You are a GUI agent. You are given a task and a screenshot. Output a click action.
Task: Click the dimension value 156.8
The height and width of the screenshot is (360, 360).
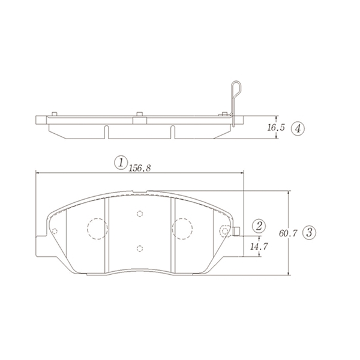click(x=140, y=168)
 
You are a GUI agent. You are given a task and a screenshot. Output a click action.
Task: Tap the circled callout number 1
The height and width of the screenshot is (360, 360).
click(x=121, y=163)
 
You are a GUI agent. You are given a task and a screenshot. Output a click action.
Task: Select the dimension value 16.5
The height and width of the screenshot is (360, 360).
click(x=276, y=127)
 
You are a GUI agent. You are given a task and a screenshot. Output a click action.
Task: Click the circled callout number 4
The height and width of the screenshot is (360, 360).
click(x=298, y=129)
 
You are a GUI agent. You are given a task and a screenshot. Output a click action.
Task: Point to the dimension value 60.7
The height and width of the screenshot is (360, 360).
click(x=288, y=233)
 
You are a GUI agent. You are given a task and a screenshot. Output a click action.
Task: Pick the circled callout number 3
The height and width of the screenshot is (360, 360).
click(x=309, y=233)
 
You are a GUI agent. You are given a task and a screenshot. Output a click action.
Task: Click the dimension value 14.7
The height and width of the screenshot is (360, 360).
click(x=259, y=247)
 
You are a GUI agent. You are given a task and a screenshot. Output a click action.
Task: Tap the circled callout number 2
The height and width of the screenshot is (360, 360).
click(x=259, y=226)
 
